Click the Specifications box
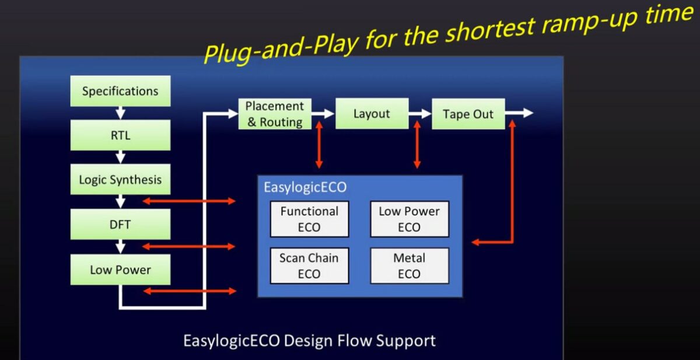point(120,91)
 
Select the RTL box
point(120,135)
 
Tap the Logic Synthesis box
point(120,180)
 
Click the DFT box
point(120,224)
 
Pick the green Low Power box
point(120,270)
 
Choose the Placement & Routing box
point(275,114)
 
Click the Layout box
point(372,114)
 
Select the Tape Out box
point(468,114)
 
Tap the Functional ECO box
point(309,219)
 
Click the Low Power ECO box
point(409,219)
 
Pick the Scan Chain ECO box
point(309,265)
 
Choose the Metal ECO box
point(409,265)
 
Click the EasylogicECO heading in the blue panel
point(305,187)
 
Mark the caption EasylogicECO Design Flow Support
point(309,340)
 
